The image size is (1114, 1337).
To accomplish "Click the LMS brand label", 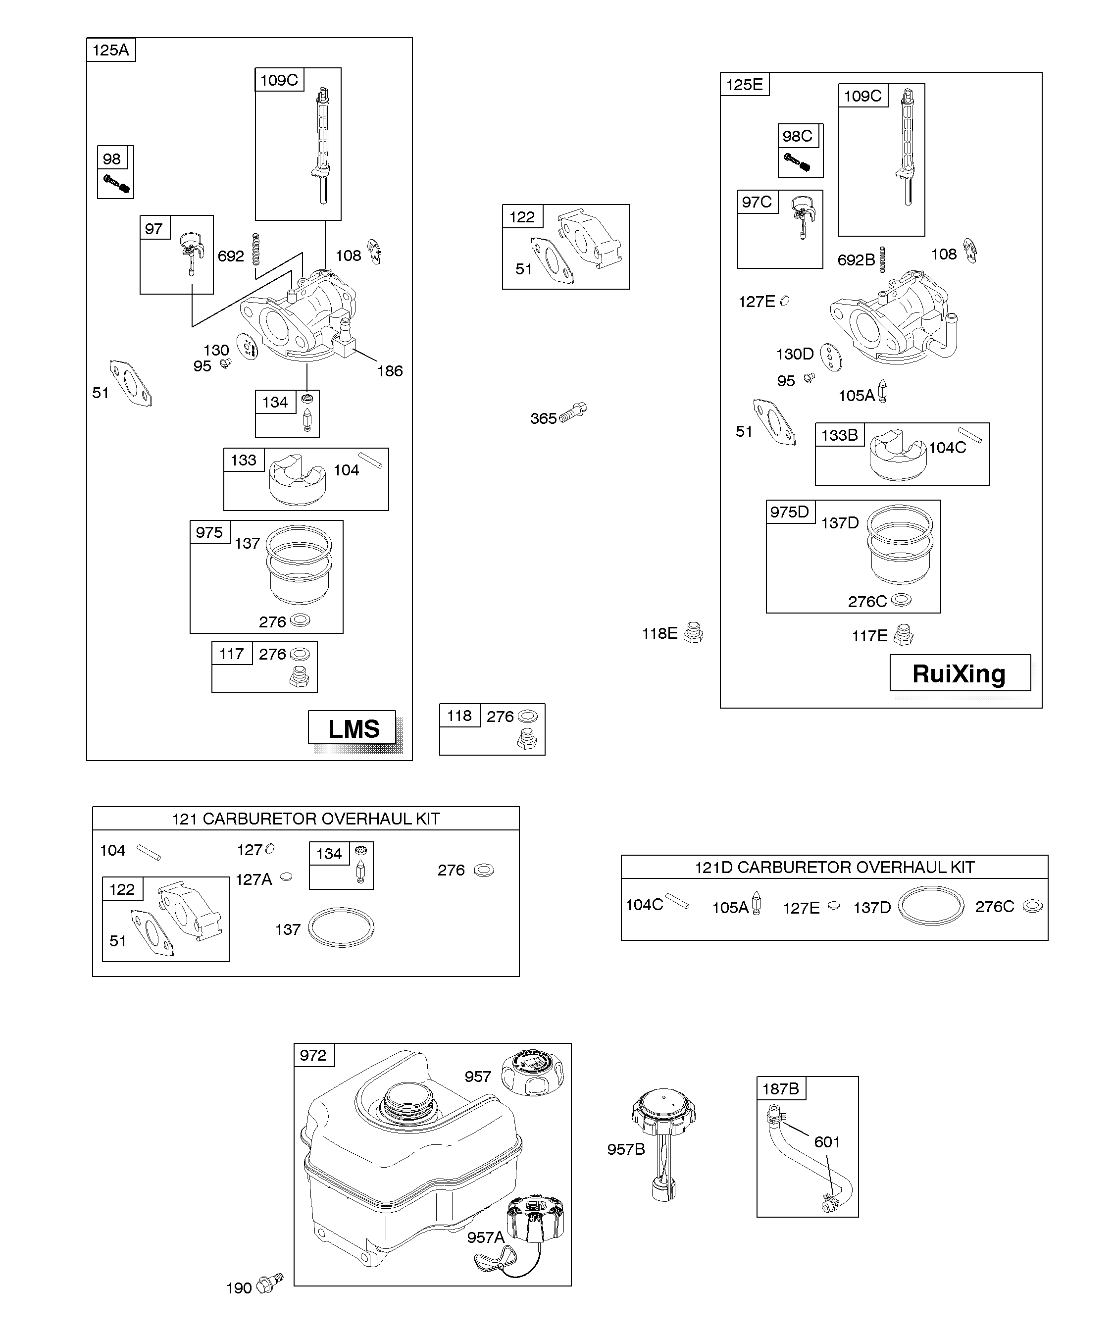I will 354,728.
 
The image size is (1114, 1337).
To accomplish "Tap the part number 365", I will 543,418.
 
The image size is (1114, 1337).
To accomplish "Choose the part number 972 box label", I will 313,1056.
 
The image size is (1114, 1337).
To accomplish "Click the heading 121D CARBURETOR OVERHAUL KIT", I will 834,867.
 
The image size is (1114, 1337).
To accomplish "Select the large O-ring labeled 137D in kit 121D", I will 931,906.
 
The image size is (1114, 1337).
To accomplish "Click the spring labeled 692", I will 256,249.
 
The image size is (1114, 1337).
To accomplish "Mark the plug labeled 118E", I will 693,633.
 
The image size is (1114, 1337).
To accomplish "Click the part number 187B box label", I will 780,1089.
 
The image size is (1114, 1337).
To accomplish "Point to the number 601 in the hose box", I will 827,1142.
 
